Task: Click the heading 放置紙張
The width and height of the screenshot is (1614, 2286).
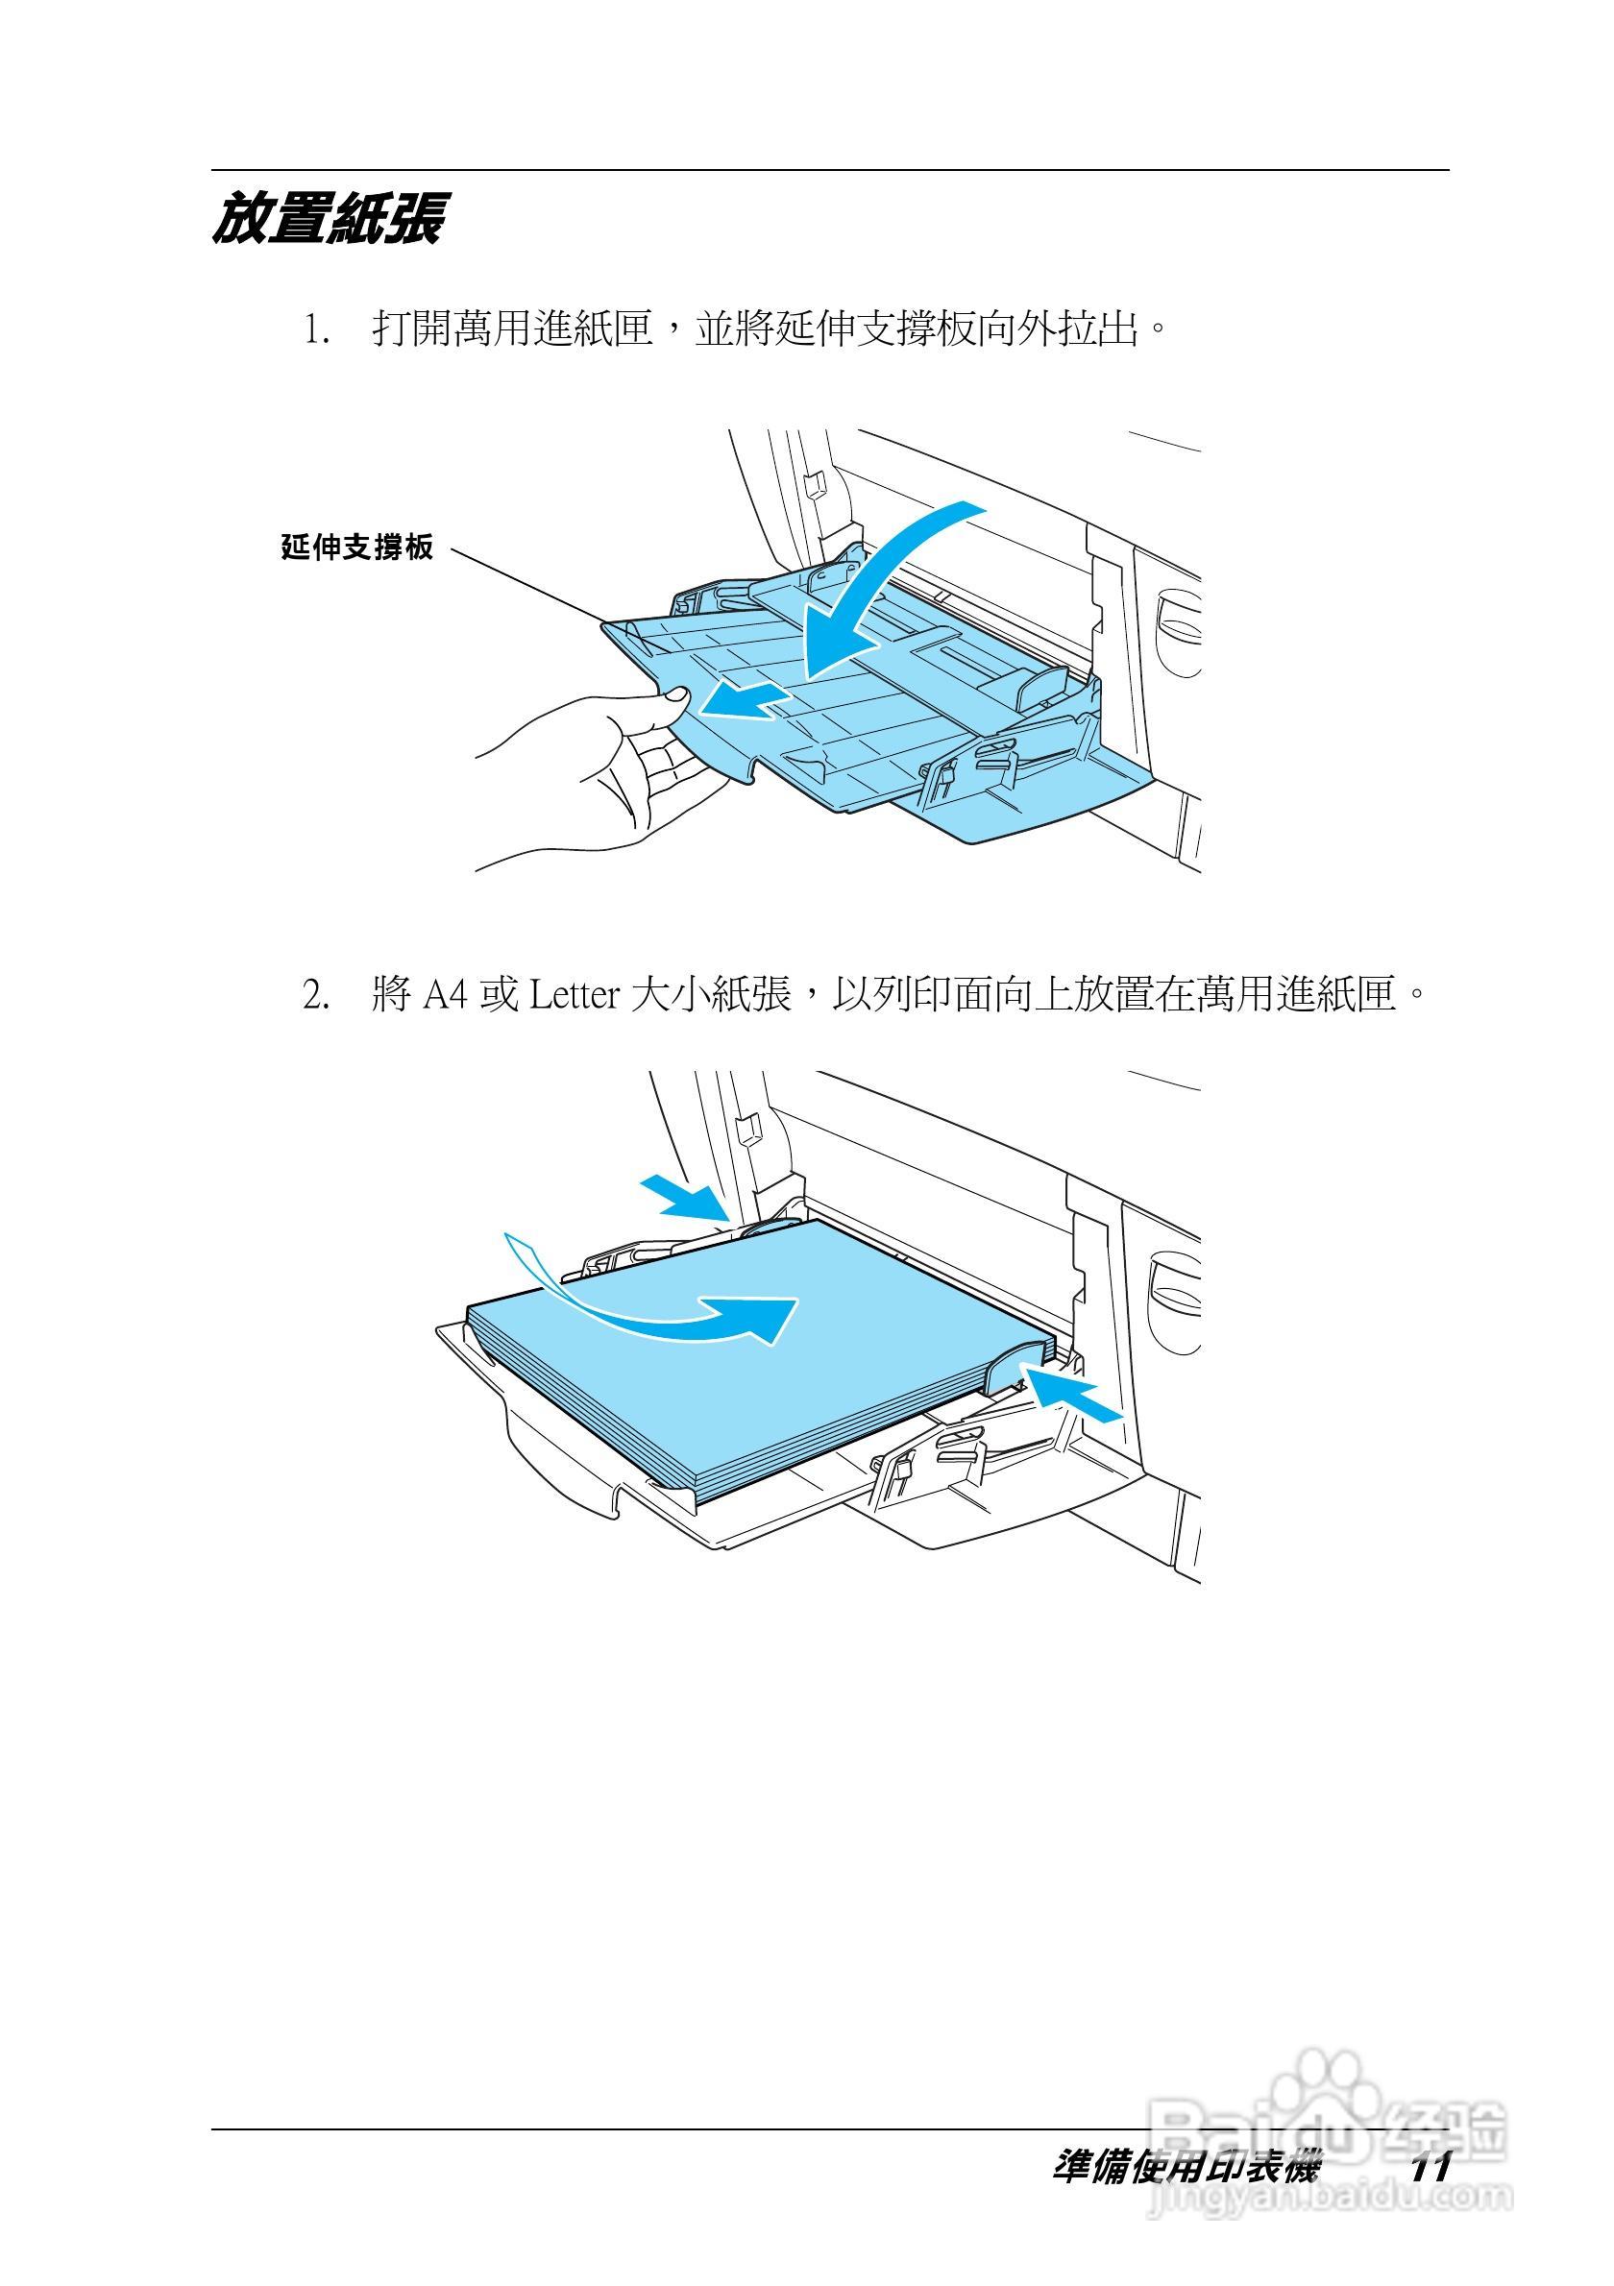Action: coord(328,219)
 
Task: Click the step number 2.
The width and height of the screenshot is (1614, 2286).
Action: coord(317,995)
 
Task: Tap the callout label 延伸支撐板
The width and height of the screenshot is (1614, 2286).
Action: coord(357,547)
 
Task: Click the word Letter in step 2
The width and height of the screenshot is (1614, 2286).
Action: coord(575,995)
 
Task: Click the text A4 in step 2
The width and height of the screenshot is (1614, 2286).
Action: coord(445,995)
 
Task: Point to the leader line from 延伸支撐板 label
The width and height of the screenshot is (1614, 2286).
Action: coord(527,588)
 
